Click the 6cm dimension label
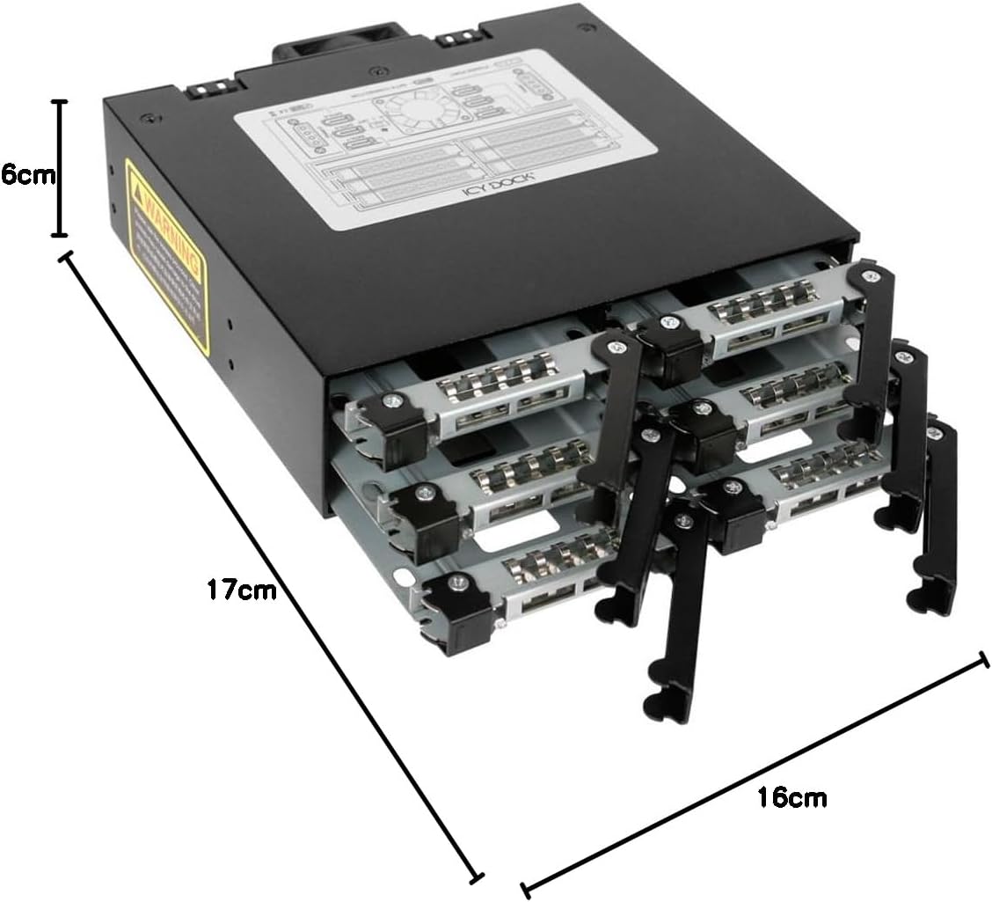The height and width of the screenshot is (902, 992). pos(26,174)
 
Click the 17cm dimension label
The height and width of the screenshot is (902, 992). pos(241,589)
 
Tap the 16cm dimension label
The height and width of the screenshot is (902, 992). pos(791,798)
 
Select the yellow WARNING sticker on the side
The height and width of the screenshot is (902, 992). pos(167,255)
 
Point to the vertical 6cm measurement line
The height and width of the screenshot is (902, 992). pos(59,167)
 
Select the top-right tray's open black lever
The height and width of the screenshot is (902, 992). pos(871,343)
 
